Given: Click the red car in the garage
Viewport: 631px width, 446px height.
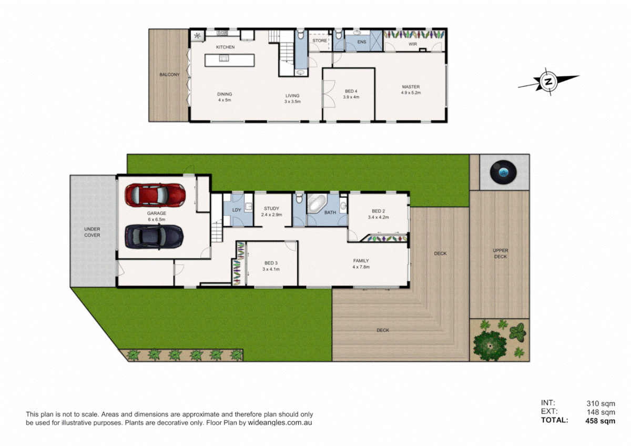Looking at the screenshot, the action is [155, 195].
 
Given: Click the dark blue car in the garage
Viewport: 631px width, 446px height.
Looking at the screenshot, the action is [154, 237].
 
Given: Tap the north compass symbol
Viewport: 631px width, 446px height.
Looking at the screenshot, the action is [548, 82].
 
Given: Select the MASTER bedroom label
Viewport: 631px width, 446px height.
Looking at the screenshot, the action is [411, 87].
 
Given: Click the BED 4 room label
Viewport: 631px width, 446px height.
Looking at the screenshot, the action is [351, 92].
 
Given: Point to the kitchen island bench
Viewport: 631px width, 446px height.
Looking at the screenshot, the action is [230, 60].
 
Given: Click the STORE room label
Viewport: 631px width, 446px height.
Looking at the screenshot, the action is [320, 40].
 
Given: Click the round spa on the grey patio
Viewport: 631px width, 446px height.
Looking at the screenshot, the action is [503, 172].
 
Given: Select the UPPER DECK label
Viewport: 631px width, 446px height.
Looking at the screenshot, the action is [500, 254].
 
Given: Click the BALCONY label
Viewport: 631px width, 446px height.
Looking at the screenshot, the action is [169, 75].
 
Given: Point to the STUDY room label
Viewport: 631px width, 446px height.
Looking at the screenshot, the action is [271, 208].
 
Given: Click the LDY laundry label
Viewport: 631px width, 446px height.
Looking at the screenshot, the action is [237, 210].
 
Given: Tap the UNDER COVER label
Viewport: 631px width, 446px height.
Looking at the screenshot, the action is [92, 232].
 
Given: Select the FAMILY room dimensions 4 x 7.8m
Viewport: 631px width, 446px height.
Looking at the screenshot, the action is [361, 267].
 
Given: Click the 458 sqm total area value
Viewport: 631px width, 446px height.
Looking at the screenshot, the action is [601, 421].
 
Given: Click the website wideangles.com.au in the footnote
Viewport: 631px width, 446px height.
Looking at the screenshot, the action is [280, 423].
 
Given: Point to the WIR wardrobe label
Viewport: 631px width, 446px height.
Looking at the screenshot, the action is [413, 44].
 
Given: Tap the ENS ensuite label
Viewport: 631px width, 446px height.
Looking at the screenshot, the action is [362, 42].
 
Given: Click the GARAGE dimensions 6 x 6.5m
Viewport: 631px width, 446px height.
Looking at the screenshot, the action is [157, 219].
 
